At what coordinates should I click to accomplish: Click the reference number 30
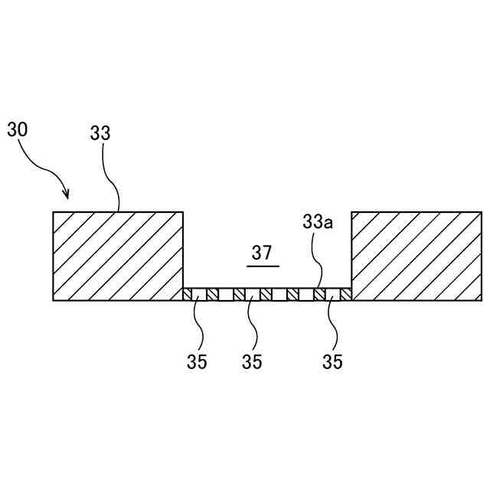(18, 129)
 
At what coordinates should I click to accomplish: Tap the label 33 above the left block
(100, 132)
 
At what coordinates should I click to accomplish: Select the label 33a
(317, 223)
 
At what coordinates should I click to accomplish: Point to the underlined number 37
(262, 253)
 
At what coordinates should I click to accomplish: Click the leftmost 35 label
(197, 362)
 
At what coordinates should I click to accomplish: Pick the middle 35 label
(252, 362)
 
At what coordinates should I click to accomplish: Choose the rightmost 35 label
(332, 362)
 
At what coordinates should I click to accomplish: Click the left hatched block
(118, 256)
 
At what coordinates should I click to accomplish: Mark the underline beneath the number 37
(263, 266)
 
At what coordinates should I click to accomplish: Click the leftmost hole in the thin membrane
(198, 295)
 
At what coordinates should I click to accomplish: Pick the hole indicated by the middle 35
(253, 295)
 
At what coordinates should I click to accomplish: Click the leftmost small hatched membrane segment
(187, 295)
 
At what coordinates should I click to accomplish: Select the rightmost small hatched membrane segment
(346, 295)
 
